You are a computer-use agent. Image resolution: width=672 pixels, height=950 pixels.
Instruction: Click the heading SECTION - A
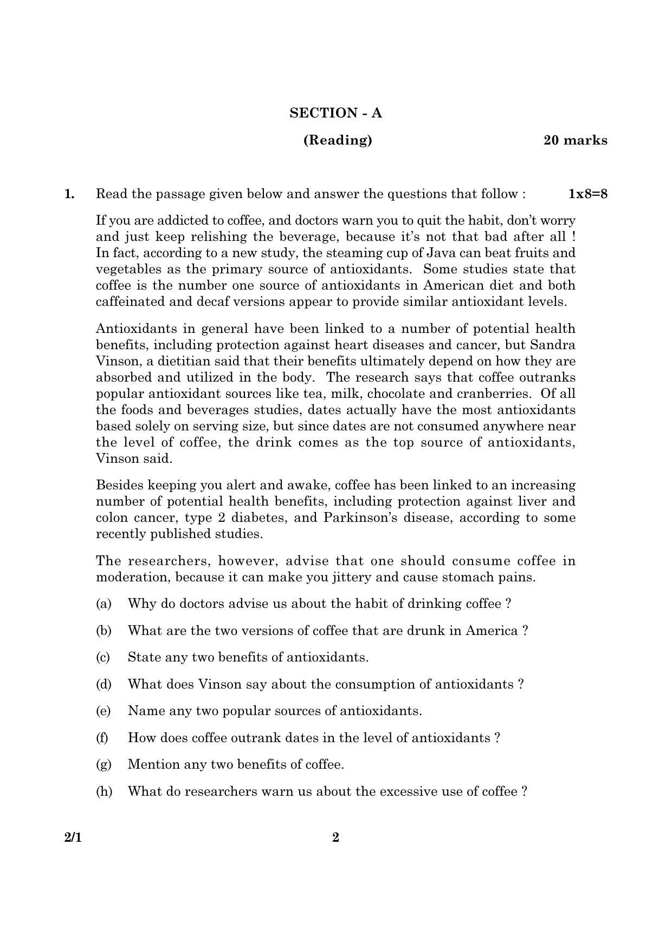tap(335, 113)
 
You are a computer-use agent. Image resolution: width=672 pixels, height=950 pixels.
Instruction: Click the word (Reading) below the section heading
tap(338, 140)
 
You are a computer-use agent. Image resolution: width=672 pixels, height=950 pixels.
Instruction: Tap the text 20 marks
tap(575, 140)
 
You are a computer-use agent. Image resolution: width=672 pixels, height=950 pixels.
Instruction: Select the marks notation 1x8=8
tap(587, 194)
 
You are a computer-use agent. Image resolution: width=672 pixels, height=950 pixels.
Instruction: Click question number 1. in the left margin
tap(69, 194)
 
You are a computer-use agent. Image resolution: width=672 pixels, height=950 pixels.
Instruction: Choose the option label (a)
tap(104, 604)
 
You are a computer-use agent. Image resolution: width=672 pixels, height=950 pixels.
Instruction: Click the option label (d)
tap(104, 684)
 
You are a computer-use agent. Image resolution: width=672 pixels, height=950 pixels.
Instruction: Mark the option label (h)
tap(104, 791)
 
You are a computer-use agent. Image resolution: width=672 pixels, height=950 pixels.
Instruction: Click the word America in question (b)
tap(491, 631)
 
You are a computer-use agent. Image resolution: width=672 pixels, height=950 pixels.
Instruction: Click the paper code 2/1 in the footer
tap(73, 837)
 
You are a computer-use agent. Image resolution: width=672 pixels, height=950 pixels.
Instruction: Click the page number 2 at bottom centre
tap(335, 837)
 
